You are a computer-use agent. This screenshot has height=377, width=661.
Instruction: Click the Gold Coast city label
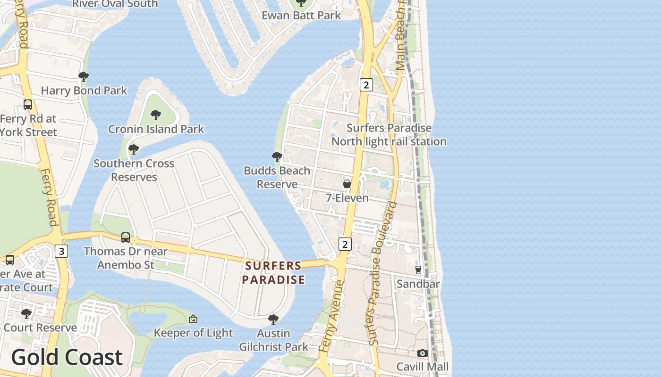coord(67,357)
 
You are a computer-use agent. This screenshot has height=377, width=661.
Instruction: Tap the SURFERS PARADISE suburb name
coord(273,273)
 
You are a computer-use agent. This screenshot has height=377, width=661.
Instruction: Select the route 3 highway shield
coord(61,251)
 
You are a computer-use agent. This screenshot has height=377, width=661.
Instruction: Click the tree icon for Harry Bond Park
coord(84,77)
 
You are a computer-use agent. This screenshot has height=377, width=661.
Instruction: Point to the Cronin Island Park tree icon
coord(155,115)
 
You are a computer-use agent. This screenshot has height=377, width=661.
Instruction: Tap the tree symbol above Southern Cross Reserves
coord(134,150)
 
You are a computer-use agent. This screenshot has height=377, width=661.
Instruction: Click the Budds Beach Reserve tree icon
coord(277,157)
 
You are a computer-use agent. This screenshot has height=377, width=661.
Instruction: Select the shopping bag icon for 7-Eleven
coord(347,184)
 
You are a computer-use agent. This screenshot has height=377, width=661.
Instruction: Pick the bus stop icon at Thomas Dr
coord(126,238)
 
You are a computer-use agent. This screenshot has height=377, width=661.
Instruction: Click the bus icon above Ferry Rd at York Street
coord(28,105)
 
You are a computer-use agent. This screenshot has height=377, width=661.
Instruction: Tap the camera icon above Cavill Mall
coord(423,353)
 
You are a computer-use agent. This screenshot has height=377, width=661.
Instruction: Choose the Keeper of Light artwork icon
coord(193,320)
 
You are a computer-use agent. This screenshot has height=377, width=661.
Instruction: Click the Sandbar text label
coord(418,284)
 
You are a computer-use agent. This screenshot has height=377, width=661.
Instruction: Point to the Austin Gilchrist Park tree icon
coord(273,320)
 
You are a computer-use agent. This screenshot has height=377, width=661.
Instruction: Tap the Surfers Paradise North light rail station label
coord(389,135)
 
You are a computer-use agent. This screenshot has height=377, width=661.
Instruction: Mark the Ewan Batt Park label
coord(301,16)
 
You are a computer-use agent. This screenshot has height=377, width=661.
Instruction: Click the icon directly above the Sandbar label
coord(418,270)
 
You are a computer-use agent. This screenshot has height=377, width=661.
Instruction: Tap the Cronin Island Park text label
coord(156,129)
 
